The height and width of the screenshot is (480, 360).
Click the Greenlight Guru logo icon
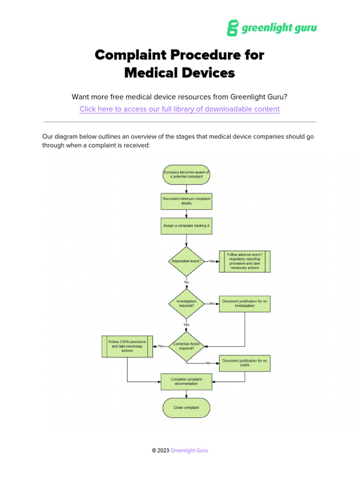pos(233,28)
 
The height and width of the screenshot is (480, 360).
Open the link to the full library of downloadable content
pos(180,109)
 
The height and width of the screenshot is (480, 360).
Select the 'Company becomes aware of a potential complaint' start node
pos(187,174)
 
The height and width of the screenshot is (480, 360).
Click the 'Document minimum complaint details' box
pos(187,201)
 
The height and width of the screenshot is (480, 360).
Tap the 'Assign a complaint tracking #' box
pos(187,225)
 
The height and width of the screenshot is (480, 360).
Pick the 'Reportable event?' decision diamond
pos(187,261)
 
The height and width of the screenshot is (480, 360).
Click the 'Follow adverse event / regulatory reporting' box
pos(245,261)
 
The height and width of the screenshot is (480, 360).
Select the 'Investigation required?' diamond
pos(187,303)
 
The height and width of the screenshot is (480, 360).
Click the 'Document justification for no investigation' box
pos(245,303)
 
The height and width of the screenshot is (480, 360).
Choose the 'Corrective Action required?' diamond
pos(187,346)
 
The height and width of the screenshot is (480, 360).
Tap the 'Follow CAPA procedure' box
pos(127,346)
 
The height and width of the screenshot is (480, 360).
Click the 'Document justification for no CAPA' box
pos(245,363)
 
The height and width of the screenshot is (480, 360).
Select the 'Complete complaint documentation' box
pos(187,382)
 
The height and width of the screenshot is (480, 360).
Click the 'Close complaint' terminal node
pos(187,407)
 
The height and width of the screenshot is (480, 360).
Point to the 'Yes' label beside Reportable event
pos(212,262)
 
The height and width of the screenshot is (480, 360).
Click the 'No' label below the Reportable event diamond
pos(187,282)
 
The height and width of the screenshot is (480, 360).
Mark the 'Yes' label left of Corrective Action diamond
pos(161,346)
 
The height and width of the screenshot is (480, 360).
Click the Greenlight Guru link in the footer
pos(189,450)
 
